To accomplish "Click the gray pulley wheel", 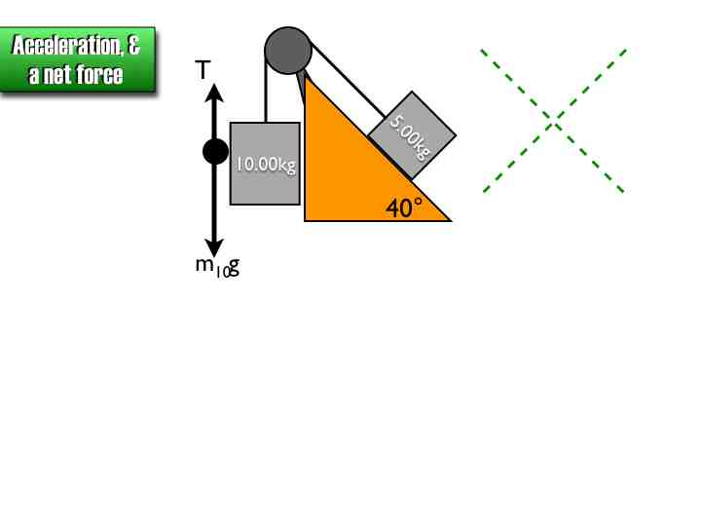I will coord(288,50).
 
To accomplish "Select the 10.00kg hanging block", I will coord(265,164).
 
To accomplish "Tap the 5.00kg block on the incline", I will coord(412,135).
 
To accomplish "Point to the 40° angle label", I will coord(404,207).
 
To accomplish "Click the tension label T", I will coord(203,70).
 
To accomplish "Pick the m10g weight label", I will coord(216,266).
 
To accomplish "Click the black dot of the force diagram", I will coord(215,152).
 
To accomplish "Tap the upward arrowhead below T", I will coord(215,93).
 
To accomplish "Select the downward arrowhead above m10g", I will coord(215,246).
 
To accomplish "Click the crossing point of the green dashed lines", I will coord(553,121).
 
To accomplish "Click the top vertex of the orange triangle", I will coord(306,75).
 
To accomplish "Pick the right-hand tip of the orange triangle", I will coord(449,220).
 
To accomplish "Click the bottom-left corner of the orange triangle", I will coord(306,220).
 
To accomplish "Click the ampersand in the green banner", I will coord(134,46).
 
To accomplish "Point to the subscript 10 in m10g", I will coord(223,273).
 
